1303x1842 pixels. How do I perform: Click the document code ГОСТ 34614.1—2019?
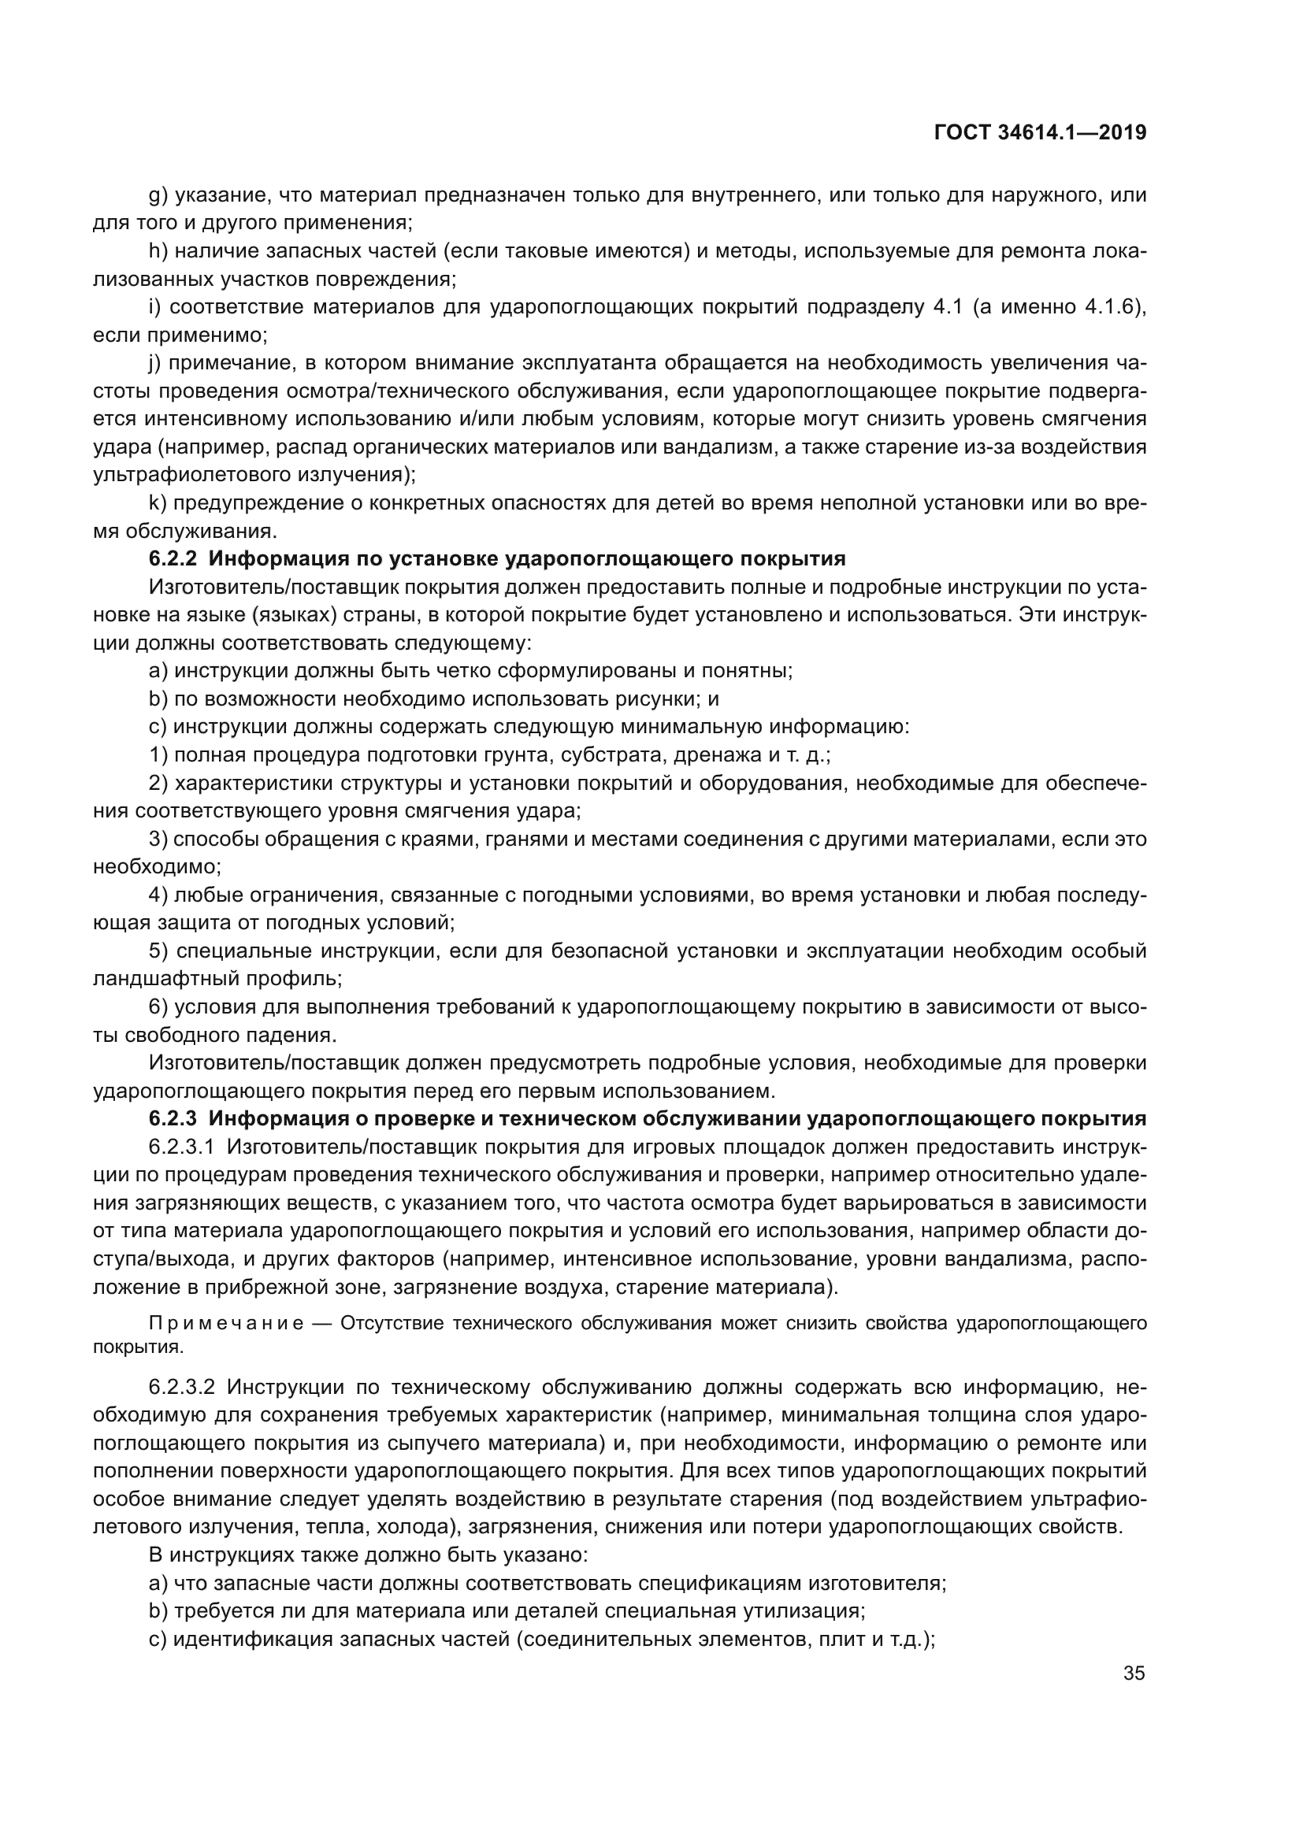click(1040, 132)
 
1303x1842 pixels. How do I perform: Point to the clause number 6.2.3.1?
click(182, 1147)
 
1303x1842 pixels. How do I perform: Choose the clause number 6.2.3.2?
click(182, 1387)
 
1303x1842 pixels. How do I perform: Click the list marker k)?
click(157, 503)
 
